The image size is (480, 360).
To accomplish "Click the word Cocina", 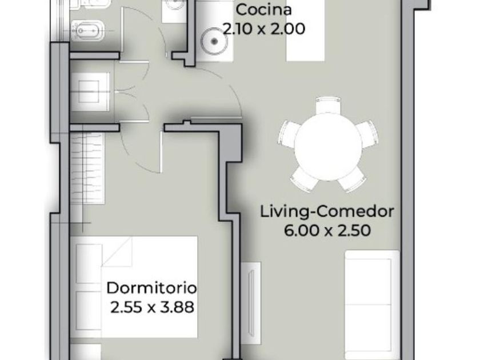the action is pos(263,10).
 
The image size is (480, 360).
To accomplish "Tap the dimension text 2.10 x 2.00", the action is pos(264,29).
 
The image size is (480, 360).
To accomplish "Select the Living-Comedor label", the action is pos(327,212).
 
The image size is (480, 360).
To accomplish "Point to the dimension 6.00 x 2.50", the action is pos(327,230).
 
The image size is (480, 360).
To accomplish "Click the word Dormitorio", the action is pos(151,288).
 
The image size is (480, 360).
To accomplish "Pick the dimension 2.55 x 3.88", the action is pos(152,307).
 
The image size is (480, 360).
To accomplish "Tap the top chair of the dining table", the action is pos(328,105).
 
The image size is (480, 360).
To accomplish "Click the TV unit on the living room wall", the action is pos(251,303).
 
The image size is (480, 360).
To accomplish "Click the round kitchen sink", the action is pos(214,41).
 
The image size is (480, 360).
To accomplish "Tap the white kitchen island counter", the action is pos(305,31).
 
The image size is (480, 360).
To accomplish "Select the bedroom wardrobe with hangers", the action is pos(87,169).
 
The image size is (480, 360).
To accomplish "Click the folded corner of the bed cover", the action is pos(117,252).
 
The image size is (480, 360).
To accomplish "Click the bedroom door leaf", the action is pos(161,152).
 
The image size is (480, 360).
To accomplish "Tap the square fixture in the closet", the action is pos(89,91).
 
